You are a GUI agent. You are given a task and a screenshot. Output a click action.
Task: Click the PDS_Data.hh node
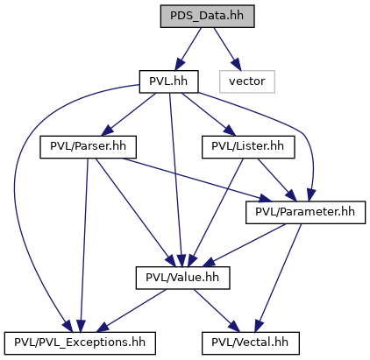point(207,17)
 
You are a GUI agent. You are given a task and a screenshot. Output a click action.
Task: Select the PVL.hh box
point(168,81)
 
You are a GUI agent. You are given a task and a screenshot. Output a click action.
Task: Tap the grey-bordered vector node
point(247,81)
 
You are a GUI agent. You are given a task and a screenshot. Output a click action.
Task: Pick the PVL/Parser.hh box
point(88,147)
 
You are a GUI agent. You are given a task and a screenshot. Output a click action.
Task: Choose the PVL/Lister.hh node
point(248,147)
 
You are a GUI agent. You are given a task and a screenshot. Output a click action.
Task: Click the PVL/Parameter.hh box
point(305,213)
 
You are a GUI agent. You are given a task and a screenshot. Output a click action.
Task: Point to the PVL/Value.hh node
point(182,278)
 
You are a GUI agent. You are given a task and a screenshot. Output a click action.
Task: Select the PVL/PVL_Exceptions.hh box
point(80,343)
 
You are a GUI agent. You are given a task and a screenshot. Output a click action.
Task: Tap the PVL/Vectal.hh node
point(251,343)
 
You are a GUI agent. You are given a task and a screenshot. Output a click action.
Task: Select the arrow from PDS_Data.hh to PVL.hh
point(188,49)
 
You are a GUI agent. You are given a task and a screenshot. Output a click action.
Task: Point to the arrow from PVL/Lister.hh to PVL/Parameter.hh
point(277,180)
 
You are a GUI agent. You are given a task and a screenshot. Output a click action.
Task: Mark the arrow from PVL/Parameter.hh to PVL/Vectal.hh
point(278,278)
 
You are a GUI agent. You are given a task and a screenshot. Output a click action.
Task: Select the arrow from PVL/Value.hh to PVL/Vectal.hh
point(217,311)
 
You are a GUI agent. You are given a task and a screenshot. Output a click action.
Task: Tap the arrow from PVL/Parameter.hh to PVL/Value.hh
point(244,245)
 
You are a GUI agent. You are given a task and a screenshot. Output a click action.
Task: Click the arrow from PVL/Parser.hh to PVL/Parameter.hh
point(196,180)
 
